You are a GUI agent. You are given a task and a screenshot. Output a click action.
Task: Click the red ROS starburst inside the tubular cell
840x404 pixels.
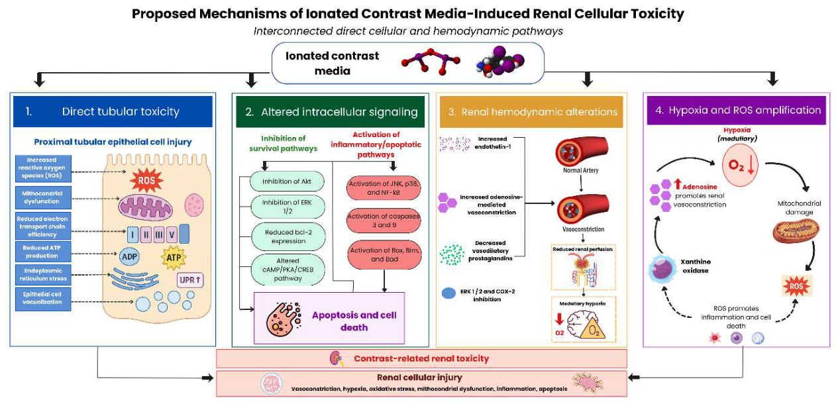[146, 180]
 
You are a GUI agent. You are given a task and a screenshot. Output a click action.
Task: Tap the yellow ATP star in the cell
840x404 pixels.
[174, 258]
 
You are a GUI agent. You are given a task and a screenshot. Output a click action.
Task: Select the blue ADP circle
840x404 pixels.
[129, 256]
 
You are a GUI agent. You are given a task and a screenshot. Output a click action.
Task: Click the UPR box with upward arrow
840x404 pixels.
[190, 280]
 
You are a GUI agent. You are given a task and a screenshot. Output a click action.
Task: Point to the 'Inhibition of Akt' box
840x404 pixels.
[287, 181]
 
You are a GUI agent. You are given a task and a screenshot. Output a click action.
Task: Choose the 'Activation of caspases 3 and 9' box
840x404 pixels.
[384, 221]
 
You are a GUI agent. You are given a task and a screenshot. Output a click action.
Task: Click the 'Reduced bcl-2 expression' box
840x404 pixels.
[288, 237]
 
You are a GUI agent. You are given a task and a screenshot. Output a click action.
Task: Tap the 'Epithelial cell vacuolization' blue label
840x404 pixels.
[43, 298]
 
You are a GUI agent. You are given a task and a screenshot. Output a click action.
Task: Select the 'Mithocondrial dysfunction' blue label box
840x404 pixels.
[43, 197]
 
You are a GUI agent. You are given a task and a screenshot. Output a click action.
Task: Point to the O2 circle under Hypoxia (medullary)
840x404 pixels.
[740, 166]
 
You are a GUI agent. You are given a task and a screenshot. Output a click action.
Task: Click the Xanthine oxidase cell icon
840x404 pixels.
[663, 268]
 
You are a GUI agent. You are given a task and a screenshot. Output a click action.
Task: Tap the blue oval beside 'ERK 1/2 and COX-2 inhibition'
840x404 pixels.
[448, 293]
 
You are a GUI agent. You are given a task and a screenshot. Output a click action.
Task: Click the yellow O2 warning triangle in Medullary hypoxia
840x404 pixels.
[593, 328]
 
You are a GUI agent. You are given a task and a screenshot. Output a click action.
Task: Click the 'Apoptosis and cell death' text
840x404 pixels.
[354, 321]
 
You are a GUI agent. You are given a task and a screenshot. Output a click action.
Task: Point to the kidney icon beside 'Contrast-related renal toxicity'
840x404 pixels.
[337, 359]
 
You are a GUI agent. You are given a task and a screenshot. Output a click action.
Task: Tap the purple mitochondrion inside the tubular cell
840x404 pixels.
[146, 207]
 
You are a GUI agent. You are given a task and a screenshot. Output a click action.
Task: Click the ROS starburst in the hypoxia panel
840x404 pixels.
[796, 286]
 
